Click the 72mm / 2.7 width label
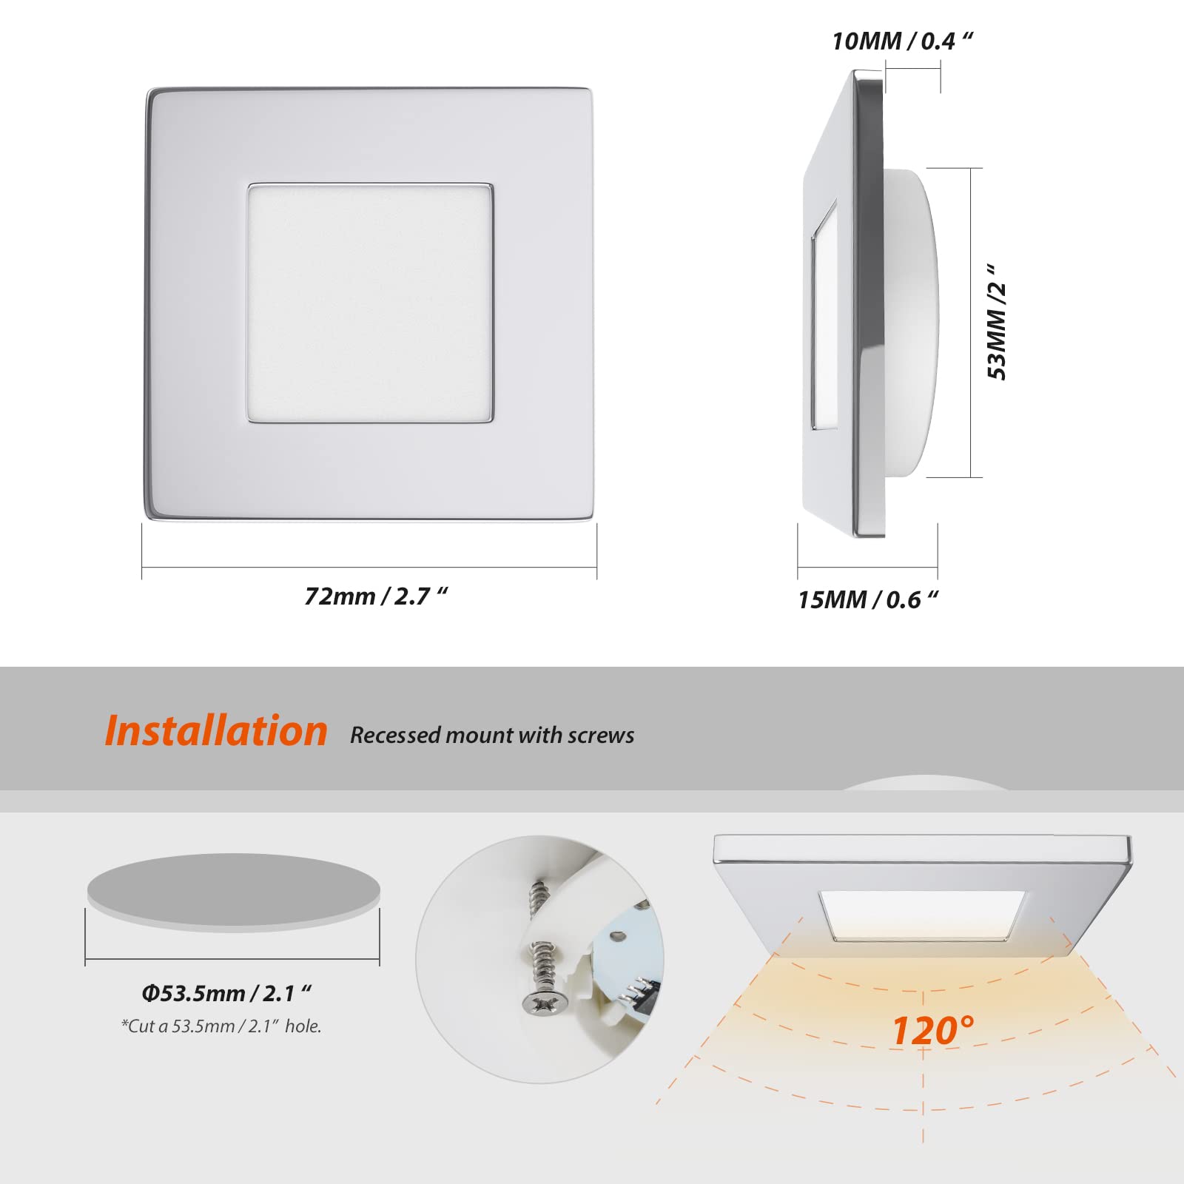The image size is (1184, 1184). [x=376, y=596]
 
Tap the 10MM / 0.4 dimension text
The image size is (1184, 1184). [x=901, y=41]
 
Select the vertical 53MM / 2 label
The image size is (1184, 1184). [x=997, y=323]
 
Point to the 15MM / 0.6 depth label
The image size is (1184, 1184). [x=867, y=599]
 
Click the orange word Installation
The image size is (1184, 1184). [x=216, y=731]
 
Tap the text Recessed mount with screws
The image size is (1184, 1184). [x=492, y=735]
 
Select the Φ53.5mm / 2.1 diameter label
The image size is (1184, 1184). [x=226, y=993]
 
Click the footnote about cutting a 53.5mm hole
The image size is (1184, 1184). [x=221, y=1026]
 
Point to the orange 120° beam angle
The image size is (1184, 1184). [x=932, y=1030]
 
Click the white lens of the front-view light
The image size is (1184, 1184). [x=370, y=303]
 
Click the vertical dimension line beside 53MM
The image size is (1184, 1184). [x=970, y=323]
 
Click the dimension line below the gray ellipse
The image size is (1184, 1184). [x=232, y=959]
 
